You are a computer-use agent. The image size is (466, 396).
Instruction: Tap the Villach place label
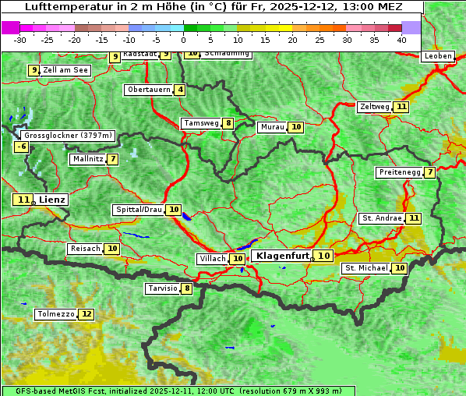pos(213,259)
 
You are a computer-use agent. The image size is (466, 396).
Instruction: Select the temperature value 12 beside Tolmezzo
pos(86,314)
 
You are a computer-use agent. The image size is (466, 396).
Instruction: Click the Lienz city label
pos(53,200)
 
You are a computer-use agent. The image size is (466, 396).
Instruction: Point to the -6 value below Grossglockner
pos(22,147)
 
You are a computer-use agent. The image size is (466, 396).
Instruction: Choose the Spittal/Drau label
pos(139,210)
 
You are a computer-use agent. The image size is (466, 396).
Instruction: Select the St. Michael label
pos(366,268)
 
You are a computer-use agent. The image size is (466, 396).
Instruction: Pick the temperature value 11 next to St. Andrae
pos(414,218)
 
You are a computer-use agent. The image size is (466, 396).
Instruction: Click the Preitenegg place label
pos(399,172)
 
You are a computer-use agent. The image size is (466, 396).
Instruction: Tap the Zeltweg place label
pos(375,107)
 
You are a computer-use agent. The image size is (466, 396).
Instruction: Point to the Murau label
pos(272,126)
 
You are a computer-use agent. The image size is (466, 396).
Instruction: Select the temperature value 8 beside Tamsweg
pos(228,123)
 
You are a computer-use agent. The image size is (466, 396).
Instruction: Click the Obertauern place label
pos(149,90)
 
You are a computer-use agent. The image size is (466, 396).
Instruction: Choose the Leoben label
pos(437,56)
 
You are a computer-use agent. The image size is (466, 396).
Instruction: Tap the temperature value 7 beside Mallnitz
pos(113,159)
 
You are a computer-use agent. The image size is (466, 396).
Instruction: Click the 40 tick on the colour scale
pos(401,39)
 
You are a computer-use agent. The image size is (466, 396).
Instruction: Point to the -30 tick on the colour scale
pos(20,39)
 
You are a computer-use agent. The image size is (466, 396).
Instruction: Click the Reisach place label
pos(85,249)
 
